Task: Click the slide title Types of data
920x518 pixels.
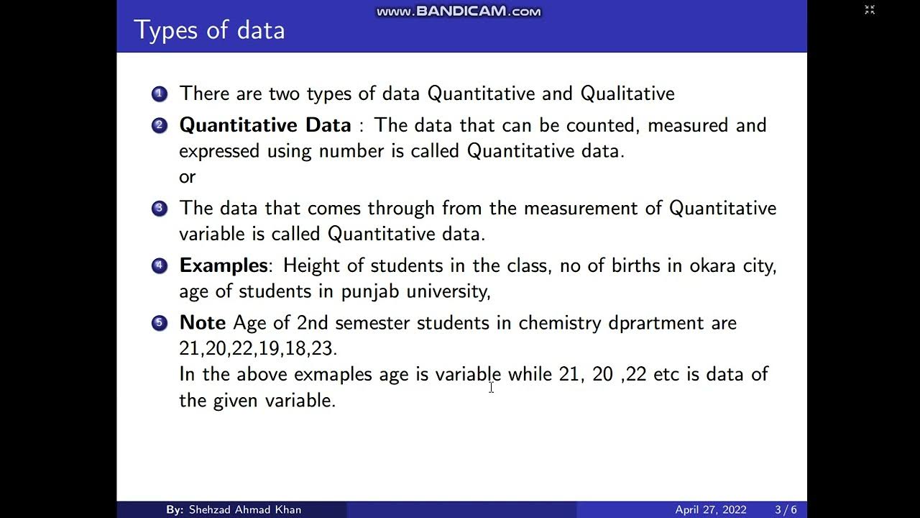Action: click(209, 30)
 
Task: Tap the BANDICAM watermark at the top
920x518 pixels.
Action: click(459, 12)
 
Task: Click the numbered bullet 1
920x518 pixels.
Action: click(159, 94)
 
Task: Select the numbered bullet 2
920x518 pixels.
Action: click(159, 126)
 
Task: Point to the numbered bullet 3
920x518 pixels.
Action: click(159, 209)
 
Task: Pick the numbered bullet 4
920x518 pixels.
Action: click(159, 266)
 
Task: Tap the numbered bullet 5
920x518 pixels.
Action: click(159, 323)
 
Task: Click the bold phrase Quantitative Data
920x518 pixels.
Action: click(264, 125)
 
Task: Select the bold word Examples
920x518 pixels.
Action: click(224, 265)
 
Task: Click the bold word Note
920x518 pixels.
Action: click(202, 322)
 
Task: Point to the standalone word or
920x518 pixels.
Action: click(187, 177)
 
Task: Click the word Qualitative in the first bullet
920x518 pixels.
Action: click(627, 94)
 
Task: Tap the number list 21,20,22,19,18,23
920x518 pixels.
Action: click(257, 348)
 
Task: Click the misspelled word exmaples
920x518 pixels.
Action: click(333, 374)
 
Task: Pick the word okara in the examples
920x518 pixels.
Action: click(713, 265)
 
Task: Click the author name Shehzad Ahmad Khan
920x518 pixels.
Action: click(244, 509)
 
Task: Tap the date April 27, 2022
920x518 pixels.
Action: click(710, 509)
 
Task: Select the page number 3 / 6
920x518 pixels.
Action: click(786, 509)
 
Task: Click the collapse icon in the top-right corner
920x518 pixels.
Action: click(870, 10)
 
